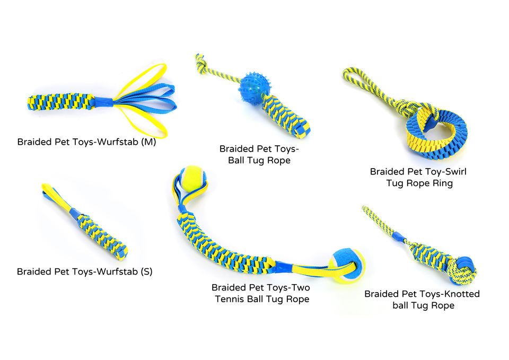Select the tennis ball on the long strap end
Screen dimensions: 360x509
345,266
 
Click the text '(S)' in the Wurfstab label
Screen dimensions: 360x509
144,271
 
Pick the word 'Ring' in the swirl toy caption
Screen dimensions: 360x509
441,183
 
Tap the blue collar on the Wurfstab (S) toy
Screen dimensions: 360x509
74,214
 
